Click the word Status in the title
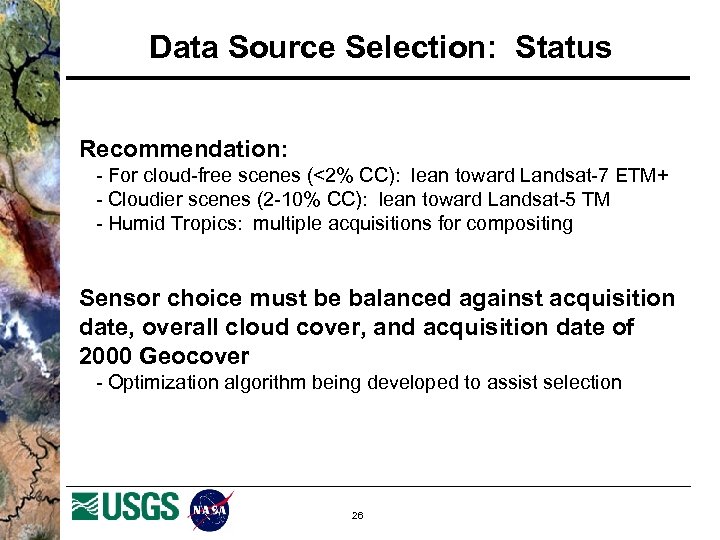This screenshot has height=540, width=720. click(x=563, y=47)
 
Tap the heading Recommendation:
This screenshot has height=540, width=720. click(x=184, y=149)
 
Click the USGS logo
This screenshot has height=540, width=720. click(x=126, y=507)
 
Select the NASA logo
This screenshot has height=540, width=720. click(x=211, y=510)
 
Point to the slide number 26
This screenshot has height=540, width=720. click(x=357, y=516)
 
